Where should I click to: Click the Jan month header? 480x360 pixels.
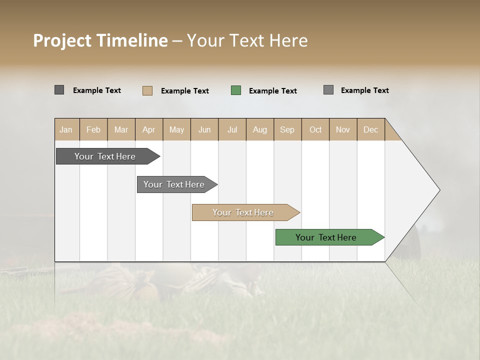click(x=66, y=129)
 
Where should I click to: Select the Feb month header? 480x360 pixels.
click(x=93, y=129)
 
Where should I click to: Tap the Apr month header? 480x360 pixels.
click(x=149, y=129)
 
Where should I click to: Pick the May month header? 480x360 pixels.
click(x=176, y=129)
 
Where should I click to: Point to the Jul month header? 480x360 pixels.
click(x=232, y=129)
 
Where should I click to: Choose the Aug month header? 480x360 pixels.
click(x=260, y=129)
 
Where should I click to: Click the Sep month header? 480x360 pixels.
click(x=287, y=129)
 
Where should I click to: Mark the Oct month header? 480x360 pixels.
click(x=315, y=129)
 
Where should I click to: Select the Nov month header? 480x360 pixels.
click(x=343, y=129)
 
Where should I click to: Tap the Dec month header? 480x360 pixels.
click(x=371, y=129)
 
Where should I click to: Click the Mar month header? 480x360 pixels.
click(x=121, y=129)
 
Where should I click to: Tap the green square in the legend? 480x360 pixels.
click(x=236, y=90)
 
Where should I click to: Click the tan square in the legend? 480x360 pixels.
click(x=147, y=90)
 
